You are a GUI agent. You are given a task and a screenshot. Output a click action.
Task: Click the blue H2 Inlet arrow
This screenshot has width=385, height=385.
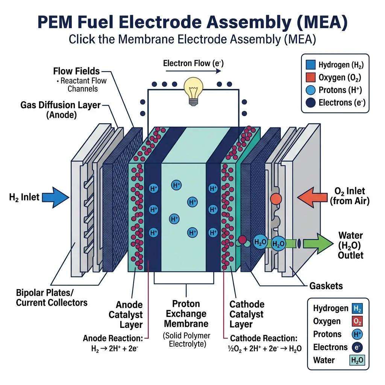[x=55, y=197]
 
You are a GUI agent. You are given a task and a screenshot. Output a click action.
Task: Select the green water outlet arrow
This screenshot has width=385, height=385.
[x=318, y=243]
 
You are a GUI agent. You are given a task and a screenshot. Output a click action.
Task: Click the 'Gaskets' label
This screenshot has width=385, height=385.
[x=326, y=286]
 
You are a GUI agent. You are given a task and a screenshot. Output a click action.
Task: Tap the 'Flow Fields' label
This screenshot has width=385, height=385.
[x=76, y=71]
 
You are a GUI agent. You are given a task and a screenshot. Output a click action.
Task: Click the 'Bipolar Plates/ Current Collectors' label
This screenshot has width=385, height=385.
[x=52, y=297]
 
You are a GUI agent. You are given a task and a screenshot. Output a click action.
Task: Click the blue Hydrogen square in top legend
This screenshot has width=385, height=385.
[x=310, y=65]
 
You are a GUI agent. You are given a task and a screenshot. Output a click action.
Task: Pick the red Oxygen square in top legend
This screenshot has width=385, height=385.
[x=310, y=77]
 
